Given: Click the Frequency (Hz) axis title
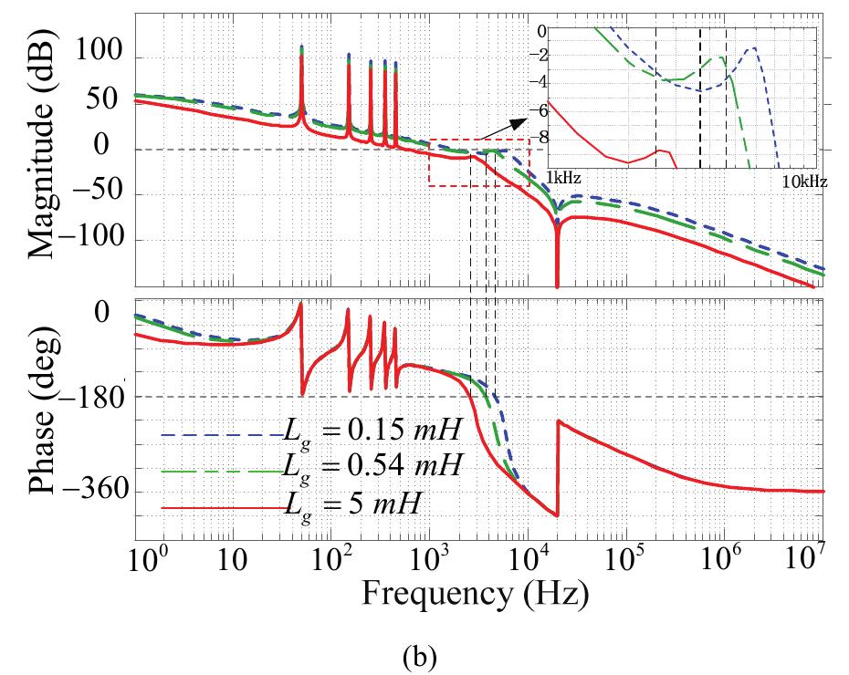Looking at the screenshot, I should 475,593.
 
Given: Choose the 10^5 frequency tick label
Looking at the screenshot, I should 627,556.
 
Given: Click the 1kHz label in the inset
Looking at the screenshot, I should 563,174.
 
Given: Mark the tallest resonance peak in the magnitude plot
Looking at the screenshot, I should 302,47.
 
